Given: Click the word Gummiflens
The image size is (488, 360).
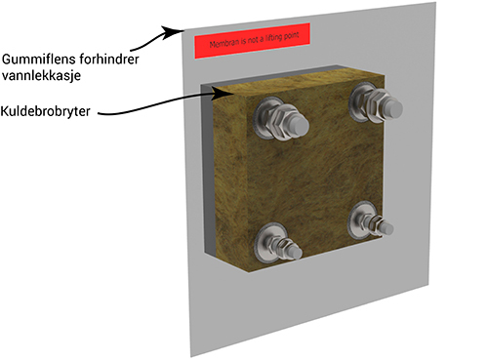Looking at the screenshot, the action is coord(33,60).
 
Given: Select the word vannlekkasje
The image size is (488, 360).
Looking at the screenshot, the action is coord(41,75).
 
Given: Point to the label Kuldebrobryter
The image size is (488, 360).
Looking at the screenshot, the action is coord(45,111).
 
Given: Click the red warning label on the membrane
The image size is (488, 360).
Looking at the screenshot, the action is coord(252,41).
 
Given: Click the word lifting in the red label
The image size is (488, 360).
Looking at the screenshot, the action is coord(273,38).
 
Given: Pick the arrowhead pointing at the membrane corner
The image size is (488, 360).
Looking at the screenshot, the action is coord(174,32).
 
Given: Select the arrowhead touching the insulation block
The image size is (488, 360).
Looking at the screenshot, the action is coord(223,94).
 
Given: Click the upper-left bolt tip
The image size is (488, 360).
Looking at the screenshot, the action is coord(300,126).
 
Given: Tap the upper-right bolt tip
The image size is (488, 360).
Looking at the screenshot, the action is coord(394,109).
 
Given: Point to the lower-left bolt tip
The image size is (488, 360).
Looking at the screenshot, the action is coord(295,252).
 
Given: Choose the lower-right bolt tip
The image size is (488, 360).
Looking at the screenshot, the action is coord(387,228).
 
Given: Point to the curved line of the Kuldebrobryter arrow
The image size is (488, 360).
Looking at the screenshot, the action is coord(156,104).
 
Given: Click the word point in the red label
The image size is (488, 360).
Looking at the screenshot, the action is coord(291,36).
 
